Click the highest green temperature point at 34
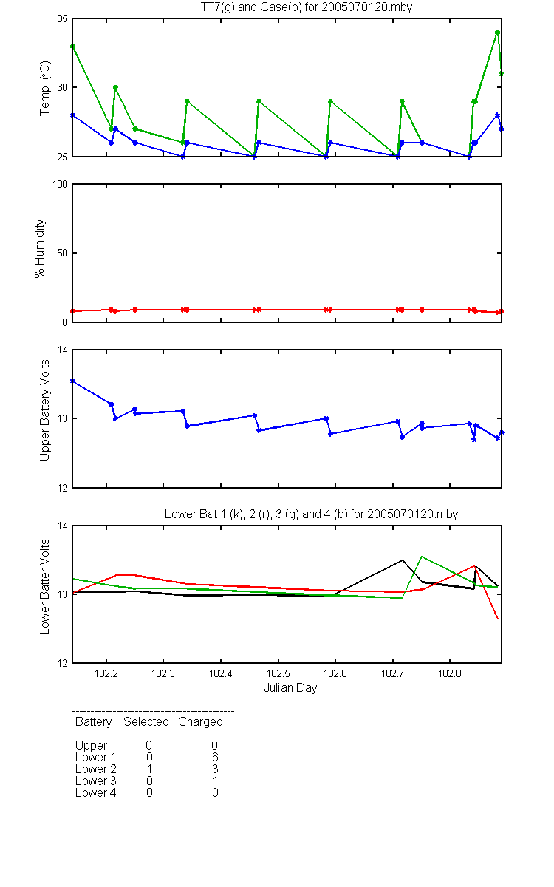click(497, 33)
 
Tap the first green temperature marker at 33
click(73, 47)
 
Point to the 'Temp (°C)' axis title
click(45, 88)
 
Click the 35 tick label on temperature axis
click(63, 19)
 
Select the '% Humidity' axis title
click(40, 248)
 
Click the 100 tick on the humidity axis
click(60, 185)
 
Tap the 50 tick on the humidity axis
click(63, 253)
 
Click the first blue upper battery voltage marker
click(73, 381)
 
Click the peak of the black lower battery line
click(403, 560)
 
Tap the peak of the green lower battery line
click(422, 557)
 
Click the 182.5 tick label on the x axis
click(278, 673)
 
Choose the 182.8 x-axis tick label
click(450, 673)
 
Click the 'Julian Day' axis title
click(290, 688)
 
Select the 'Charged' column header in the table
click(200, 721)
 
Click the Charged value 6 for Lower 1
click(215, 757)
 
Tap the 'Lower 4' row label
click(96, 792)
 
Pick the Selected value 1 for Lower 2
click(149, 769)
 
